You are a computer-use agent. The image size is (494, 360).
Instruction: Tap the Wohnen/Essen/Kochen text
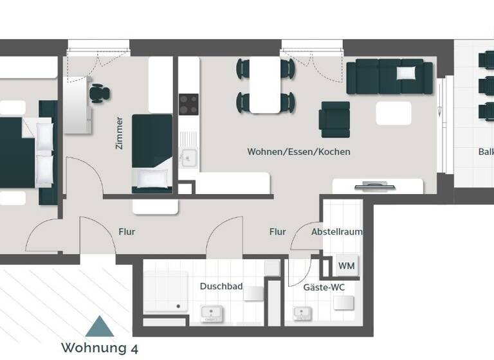tap(298, 152)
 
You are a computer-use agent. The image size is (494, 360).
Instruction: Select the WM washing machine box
tap(346, 265)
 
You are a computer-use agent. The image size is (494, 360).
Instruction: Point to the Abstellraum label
tap(336, 231)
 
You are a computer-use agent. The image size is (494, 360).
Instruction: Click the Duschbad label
tap(221, 286)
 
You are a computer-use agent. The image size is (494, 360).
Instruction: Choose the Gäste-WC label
tap(324, 287)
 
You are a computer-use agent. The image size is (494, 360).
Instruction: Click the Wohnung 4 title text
tap(99, 348)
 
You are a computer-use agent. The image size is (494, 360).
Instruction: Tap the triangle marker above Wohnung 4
tap(99, 327)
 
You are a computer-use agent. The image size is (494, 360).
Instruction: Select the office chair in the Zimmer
tap(99, 93)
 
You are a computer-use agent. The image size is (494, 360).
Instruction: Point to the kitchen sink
tap(188, 156)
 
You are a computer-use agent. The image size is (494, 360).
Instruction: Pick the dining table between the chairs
tap(266, 85)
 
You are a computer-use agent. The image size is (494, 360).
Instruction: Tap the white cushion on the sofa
tap(407, 73)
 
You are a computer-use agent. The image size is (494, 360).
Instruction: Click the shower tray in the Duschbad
tap(165, 291)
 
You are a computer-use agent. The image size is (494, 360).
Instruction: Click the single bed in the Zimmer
tap(152, 153)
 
